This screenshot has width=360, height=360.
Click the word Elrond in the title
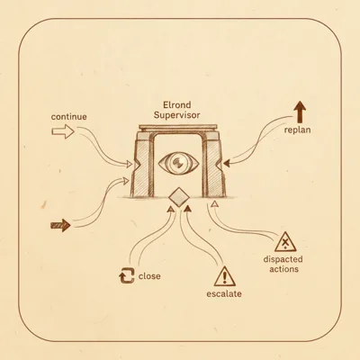click(x=177, y=105)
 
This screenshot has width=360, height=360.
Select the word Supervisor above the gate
click(x=177, y=115)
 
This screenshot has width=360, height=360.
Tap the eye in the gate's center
click(x=178, y=163)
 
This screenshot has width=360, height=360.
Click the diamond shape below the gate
click(x=179, y=197)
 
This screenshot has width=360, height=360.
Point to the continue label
click(x=68, y=116)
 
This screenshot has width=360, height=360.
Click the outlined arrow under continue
click(x=63, y=131)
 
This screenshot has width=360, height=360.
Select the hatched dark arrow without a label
click(x=61, y=225)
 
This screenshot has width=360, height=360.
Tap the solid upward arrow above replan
click(x=300, y=112)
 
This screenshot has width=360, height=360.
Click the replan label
click(x=297, y=130)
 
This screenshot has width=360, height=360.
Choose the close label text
click(x=149, y=276)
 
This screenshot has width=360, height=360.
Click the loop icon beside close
click(x=126, y=275)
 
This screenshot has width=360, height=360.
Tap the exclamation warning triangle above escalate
click(x=225, y=276)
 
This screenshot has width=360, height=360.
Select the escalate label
click(x=224, y=293)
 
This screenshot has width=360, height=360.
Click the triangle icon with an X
click(x=285, y=242)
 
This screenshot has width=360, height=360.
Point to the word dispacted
click(x=283, y=259)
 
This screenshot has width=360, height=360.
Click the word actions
click(x=283, y=269)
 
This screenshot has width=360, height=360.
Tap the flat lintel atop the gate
click(x=178, y=128)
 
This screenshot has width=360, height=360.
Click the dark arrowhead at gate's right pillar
click(x=227, y=164)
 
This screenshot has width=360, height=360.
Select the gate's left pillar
click(x=141, y=165)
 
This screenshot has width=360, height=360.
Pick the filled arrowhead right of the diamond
click(x=187, y=208)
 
